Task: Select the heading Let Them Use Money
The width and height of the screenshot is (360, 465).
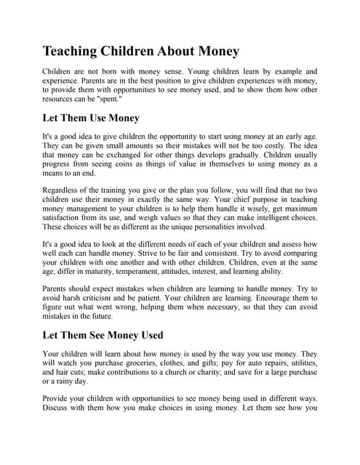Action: click(91, 118)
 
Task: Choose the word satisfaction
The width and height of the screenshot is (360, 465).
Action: click(68, 215)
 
